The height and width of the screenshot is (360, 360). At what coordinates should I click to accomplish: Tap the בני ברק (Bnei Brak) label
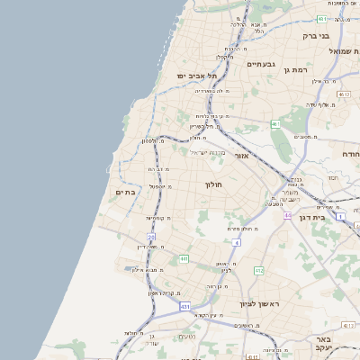pos(316,36)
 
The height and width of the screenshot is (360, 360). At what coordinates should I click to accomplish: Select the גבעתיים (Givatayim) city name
pos(260,64)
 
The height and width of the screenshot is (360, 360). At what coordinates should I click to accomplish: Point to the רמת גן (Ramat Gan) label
pos(294,69)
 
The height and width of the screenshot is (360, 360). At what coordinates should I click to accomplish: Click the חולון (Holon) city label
pos(213,184)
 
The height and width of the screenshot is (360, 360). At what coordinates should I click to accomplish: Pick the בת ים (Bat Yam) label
pos(125,192)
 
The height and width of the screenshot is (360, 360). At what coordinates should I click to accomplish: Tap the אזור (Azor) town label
pos(241,156)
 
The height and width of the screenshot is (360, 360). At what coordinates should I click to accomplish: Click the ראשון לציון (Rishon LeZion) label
pos(260,304)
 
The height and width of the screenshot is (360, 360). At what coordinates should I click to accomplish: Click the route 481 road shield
pos(321,19)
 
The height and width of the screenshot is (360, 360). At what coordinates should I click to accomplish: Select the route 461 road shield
pos(275,123)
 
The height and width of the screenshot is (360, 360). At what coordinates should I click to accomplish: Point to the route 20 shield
pos(152,237)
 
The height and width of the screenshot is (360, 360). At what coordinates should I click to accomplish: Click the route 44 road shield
pos(287,216)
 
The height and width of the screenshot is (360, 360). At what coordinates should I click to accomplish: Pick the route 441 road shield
pos(184,259)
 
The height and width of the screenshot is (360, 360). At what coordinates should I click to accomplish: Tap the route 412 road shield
pos(259,270)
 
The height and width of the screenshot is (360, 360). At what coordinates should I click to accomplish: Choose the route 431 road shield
pos(185,306)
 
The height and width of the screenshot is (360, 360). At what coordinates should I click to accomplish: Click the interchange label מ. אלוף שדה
pos(319,104)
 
